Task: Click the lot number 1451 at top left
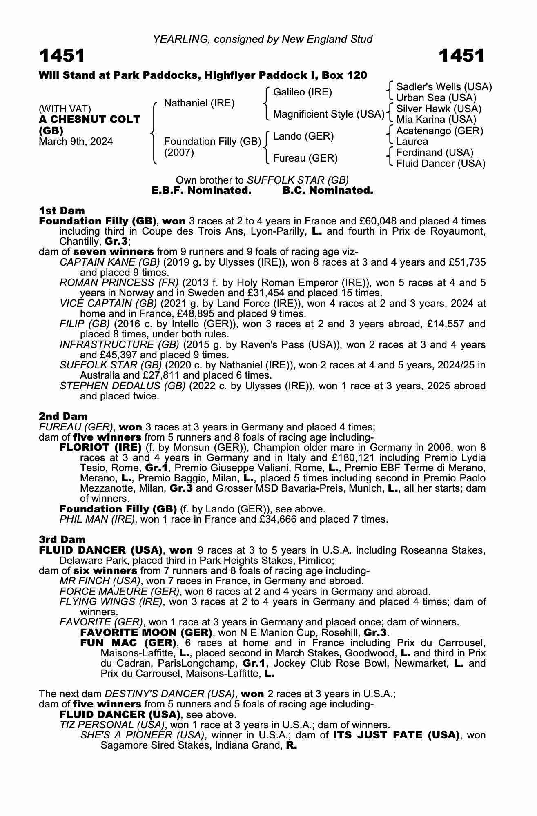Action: pyautogui.click(x=62, y=56)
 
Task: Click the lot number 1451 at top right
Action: pyautogui.click(x=461, y=56)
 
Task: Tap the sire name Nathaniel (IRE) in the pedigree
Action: pyautogui.click(x=199, y=103)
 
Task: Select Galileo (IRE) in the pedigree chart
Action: pyautogui.click(x=303, y=92)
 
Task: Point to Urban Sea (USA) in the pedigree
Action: pyautogui.click(x=436, y=98)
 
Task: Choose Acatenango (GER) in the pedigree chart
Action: pyautogui.click(x=439, y=131)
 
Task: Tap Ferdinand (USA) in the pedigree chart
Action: pyautogui.click(x=435, y=153)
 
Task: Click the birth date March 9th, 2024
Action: pyautogui.click(x=76, y=142)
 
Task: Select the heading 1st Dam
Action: pyautogui.click(x=62, y=211)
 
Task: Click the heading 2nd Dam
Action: pyautogui.click(x=63, y=417)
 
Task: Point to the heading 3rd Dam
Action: pyautogui.click(x=62, y=540)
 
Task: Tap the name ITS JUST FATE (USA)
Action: pyautogui.click(x=394, y=735)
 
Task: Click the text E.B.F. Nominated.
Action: pyautogui.click(x=201, y=191)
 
